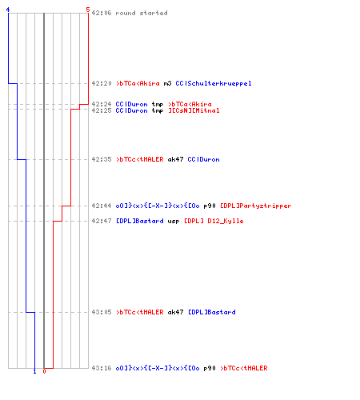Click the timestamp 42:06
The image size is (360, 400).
click(102, 13)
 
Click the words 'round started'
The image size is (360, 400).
click(142, 13)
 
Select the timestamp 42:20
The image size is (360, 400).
click(102, 83)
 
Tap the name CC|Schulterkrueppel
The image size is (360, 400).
click(214, 83)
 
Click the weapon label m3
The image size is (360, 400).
click(167, 83)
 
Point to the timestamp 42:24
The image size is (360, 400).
click(102, 104)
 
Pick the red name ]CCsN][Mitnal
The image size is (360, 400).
click(194, 110)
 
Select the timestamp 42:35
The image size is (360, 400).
click(102, 159)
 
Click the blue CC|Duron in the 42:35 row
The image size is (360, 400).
click(203, 159)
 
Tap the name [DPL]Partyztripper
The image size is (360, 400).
click(256, 206)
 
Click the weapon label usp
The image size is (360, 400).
click(174, 222)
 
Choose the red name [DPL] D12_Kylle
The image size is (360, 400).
click(214, 221)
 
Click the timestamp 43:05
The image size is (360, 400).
click(102, 312)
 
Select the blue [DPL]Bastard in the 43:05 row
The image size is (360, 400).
click(212, 312)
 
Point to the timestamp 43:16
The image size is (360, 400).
click(102, 368)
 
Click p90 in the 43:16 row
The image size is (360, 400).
click(210, 369)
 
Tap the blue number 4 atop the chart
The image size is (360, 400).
click(8, 10)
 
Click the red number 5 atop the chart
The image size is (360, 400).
click(88, 10)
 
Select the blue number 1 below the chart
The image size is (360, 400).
click(34, 371)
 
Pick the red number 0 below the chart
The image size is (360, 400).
click(44, 371)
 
